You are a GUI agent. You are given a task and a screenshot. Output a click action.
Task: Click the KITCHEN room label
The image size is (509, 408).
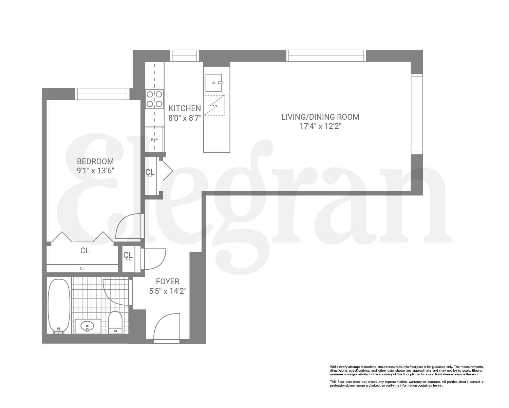tap(185, 108)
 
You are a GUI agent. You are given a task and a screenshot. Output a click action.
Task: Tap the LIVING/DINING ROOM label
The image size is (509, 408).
tap(320, 117)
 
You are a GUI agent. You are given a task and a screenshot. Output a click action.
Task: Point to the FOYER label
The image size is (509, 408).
tap(168, 282)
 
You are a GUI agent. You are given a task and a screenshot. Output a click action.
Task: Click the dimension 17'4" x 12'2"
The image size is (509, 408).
tap(320, 126)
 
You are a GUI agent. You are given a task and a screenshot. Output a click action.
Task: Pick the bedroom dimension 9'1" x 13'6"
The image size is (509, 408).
tap(95, 171)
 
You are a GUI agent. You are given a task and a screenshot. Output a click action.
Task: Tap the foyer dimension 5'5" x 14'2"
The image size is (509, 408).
tap(168, 291)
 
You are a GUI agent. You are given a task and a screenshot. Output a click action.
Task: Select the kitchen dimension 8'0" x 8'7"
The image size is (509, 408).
tap(185, 118)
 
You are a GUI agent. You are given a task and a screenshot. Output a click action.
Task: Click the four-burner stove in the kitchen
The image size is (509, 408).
tap(154, 99)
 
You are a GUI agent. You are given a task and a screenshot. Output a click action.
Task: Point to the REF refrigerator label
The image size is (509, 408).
tap(154, 139)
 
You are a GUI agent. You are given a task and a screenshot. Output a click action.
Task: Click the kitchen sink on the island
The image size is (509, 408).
tap(214, 82)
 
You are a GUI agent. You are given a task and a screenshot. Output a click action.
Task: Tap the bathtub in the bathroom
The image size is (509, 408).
tap(59, 305)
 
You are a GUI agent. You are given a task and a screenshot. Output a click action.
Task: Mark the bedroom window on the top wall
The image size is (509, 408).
tap(102, 94)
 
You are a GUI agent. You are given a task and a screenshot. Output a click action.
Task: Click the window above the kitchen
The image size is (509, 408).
tap(184, 55)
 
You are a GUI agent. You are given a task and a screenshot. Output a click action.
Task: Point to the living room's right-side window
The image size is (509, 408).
tap(417, 114)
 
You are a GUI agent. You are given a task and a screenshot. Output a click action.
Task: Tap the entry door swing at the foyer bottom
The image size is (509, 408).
tap(166, 327)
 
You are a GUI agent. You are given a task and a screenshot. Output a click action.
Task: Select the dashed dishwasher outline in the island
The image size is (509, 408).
tap(214, 105)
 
